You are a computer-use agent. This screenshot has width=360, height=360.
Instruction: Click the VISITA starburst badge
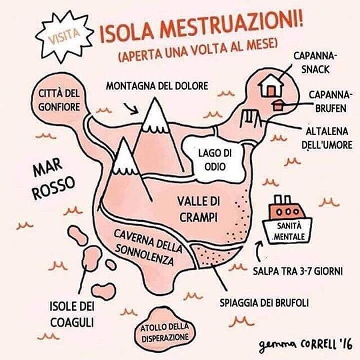(63, 35)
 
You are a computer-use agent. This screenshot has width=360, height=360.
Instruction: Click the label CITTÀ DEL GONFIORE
(59, 99)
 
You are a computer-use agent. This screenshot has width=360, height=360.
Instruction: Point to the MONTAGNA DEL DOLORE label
(157, 86)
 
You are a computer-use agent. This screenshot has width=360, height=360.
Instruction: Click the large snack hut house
(271, 85)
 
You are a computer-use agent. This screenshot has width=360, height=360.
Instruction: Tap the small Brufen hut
(277, 105)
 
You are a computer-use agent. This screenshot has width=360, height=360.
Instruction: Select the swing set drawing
(249, 118)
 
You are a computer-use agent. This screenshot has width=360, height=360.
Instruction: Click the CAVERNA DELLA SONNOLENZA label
(148, 246)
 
